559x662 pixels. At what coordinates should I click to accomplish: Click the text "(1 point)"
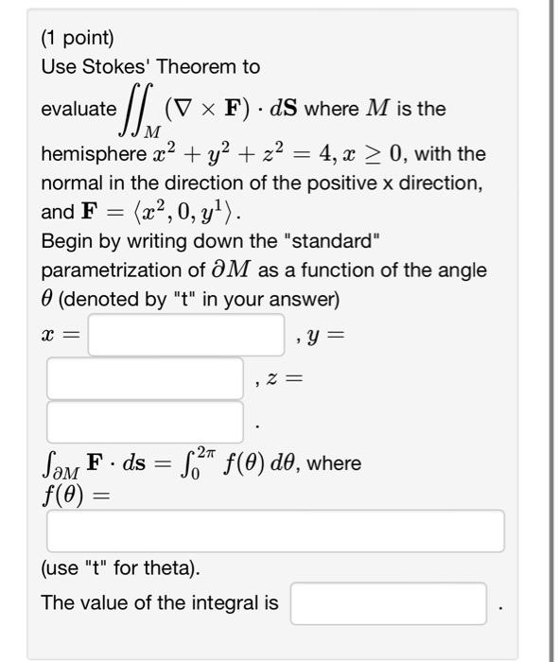78,39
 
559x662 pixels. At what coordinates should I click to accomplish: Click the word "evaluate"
79,109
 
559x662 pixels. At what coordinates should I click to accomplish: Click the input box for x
186,335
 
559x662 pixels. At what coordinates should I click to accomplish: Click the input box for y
145,378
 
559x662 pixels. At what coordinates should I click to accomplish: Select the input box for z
145,422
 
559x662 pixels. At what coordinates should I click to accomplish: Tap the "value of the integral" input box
389,602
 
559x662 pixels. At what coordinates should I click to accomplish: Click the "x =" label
60,335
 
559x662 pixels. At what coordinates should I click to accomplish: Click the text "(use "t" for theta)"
120,569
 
